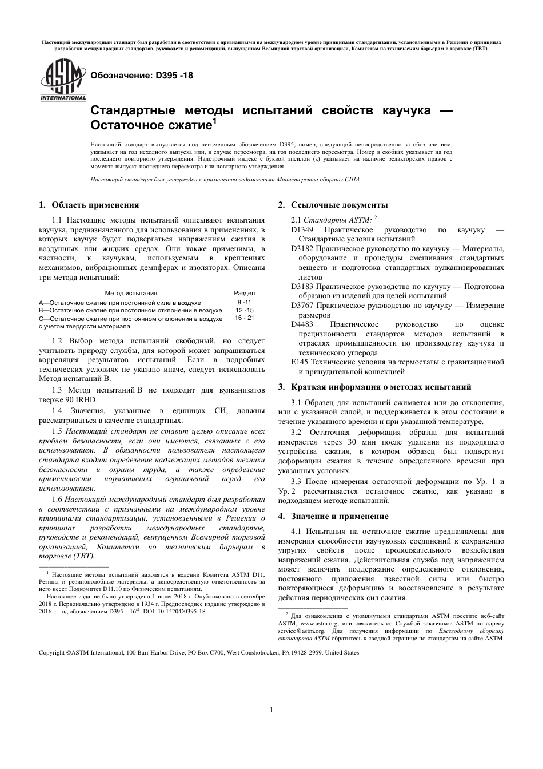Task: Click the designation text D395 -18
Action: click(x=138, y=75)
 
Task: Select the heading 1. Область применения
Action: click(x=89, y=205)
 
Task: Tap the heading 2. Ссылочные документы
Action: click(x=333, y=205)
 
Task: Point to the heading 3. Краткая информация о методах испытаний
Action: click(x=374, y=387)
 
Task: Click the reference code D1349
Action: click(x=302, y=229)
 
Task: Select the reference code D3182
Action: click(x=302, y=249)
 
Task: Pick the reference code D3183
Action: click(x=302, y=286)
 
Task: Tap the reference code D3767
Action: click(x=302, y=305)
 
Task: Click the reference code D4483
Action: click(x=302, y=324)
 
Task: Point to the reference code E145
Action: click(x=299, y=362)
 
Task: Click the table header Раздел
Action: click(x=245, y=293)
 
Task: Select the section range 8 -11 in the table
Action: click(x=244, y=302)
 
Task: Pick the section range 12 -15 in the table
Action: click(x=244, y=310)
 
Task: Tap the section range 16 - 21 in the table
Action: click(x=244, y=318)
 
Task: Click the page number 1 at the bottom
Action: click(x=271, y=710)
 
